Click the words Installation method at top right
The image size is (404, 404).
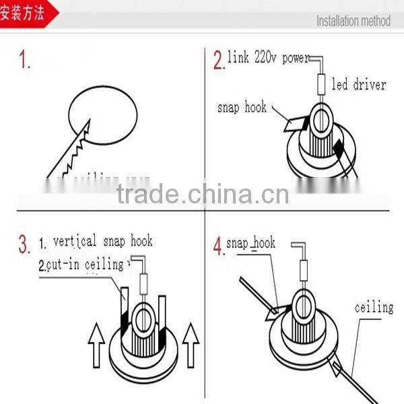(353, 21)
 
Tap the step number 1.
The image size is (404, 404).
(25, 62)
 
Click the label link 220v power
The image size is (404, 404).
(267, 57)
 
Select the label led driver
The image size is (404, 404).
(359, 85)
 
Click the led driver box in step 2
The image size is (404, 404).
(321, 85)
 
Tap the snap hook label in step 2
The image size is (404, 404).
(242, 108)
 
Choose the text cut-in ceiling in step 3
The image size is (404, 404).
(82, 265)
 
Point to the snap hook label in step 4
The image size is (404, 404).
(250, 243)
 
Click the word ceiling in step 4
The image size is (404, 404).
(374, 308)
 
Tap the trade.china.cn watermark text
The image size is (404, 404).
(202, 195)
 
